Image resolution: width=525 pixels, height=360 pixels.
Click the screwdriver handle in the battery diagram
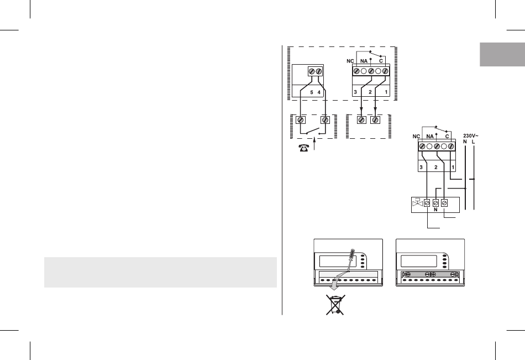pyautogui.click(x=352, y=256)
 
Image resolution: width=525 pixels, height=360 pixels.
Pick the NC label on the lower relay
pyautogui.click(x=418, y=135)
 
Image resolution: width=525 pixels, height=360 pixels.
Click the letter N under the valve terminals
pyautogui.click(x=435, y=210)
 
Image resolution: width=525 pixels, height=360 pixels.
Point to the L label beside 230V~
pyautogui.click(x=473, y=142)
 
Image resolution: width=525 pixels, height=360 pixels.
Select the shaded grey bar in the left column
pyautogui.click(x=160, y=272)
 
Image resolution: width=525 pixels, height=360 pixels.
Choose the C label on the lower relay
pyautogui.click(x=447, y=135)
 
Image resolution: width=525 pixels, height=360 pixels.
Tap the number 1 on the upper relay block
pyautogui.click(x=385, y=92)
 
